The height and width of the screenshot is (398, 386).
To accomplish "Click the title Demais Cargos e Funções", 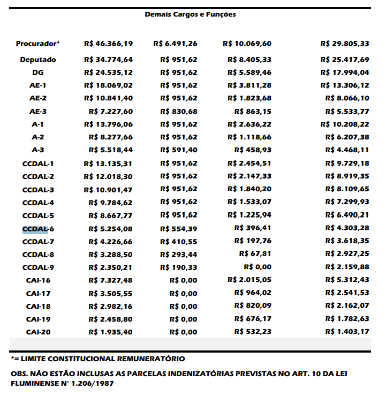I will click(x=190, y=14).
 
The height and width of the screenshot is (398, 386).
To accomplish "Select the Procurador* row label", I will click(x=38, y=43).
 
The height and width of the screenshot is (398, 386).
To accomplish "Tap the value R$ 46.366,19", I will click(x=109, y=43).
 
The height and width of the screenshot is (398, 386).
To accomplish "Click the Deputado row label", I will click(x=38, y=60).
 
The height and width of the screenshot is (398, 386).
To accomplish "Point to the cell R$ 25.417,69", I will click(x=345, y=60).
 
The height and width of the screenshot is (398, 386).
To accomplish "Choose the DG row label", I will click(x=38, y=73).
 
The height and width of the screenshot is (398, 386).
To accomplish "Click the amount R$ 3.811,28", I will click(x=249, y=85).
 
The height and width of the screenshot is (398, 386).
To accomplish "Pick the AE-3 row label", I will click(x=38, y=111).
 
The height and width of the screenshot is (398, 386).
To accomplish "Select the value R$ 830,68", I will click(x=179, y=111).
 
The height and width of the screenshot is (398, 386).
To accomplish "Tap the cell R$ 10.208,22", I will click(x=345, y=124).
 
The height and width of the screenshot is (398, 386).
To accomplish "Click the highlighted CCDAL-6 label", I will click(x=38, y=229).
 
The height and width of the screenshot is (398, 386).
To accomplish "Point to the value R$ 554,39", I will click(x=179, y=229).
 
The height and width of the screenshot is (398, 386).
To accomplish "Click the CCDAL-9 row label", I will click(x=38, y=268).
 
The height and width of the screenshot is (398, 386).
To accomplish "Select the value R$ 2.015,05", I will click(x=249, y=280).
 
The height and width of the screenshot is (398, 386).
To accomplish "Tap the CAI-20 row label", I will click(x=38, y=332).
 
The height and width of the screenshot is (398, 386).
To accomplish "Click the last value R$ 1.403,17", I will click(x=347, y=332).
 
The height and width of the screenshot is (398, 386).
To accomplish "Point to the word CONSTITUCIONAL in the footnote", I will click(x=79, y=358).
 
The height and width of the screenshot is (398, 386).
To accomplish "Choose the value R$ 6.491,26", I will click(x=175, y=43).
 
